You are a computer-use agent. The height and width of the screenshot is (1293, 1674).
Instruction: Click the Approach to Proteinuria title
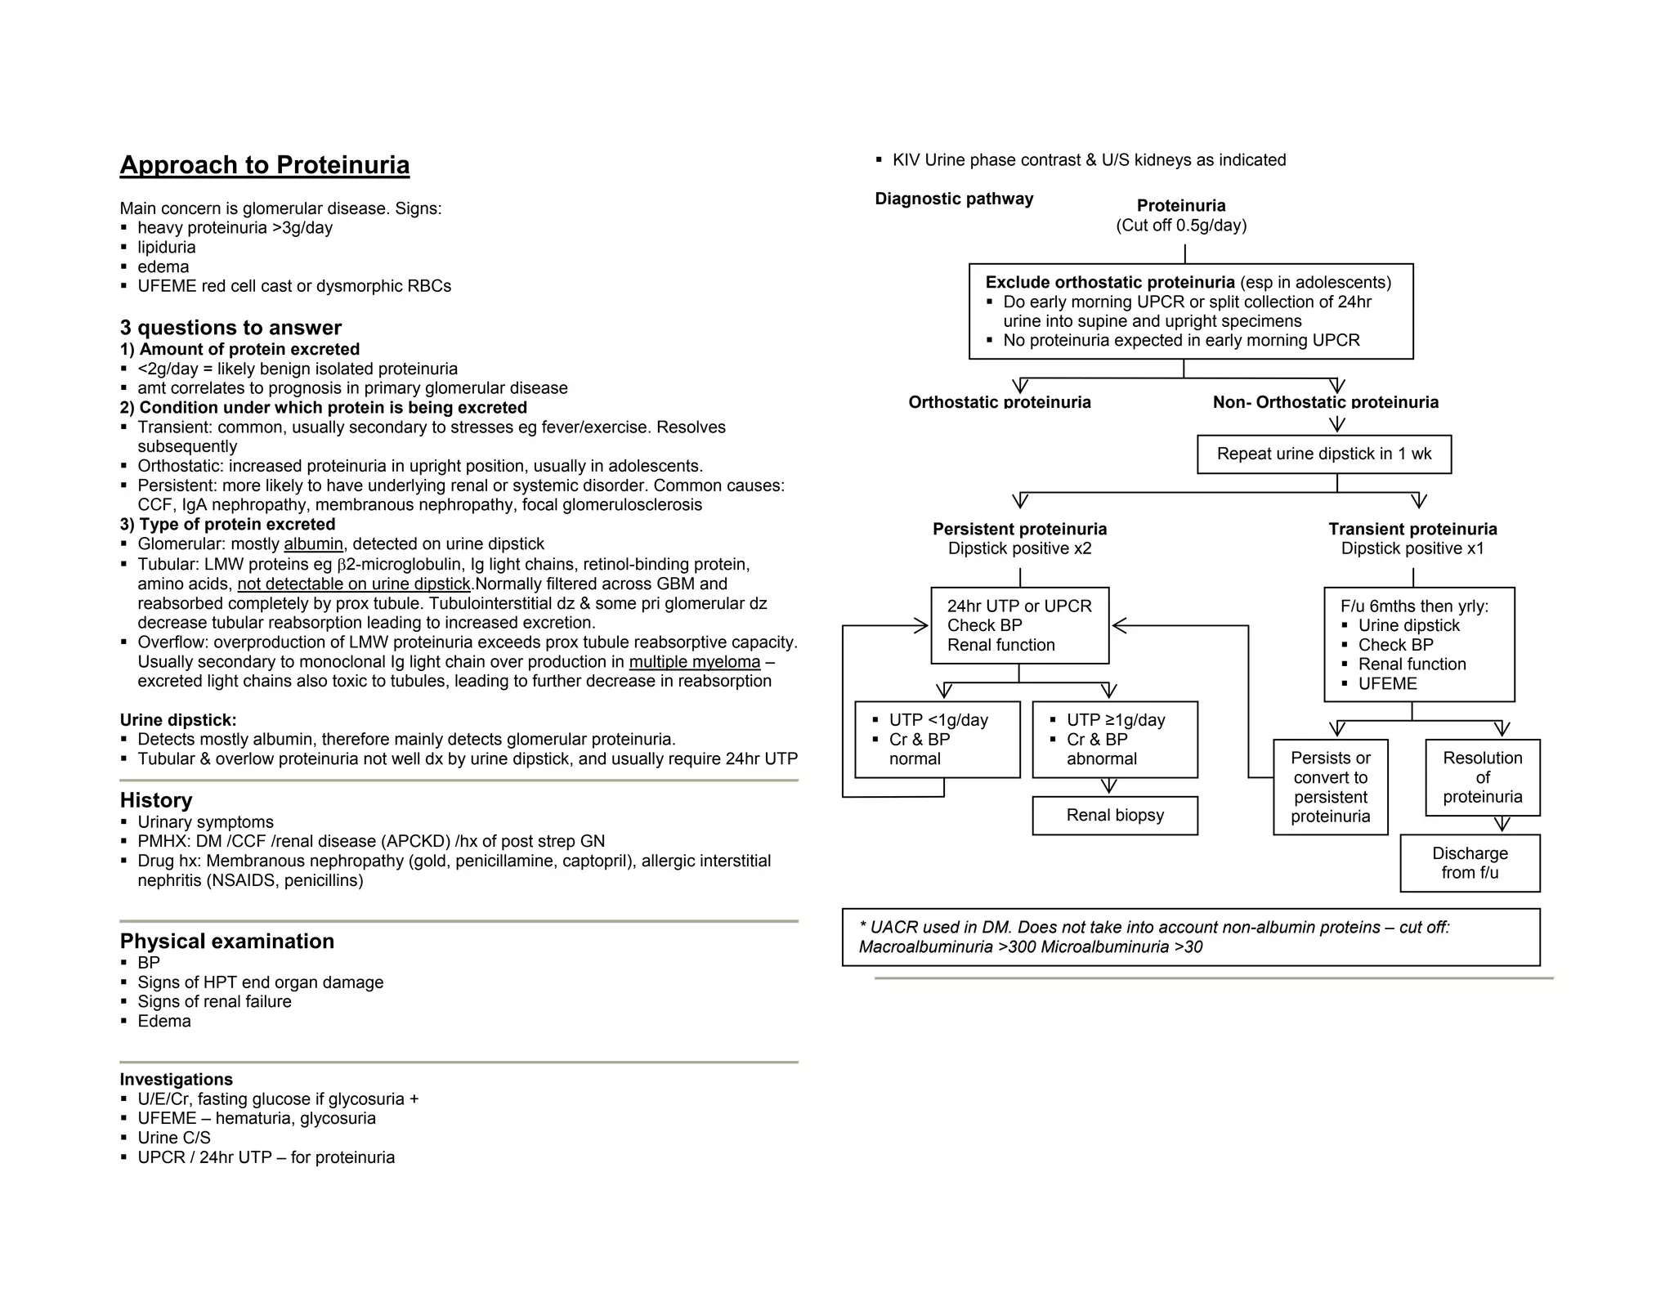point(264,165)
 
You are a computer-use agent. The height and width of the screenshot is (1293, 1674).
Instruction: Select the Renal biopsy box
point(1114,815)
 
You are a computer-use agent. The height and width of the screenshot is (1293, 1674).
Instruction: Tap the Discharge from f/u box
point(1469,862)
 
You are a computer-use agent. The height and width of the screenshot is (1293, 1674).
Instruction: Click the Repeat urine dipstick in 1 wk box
point(1323,454)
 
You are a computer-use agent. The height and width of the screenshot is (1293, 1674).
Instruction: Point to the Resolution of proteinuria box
point(1482,777)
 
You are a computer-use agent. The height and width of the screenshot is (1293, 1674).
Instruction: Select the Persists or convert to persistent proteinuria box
point(1330,787)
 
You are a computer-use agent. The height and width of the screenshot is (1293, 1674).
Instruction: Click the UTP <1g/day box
point(937,739)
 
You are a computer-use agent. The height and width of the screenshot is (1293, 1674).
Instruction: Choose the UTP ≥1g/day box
point(1114,739)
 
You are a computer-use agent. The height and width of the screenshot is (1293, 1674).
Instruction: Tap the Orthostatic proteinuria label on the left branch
point(999,402)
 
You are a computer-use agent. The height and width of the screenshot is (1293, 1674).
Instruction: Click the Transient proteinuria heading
point(1412,529)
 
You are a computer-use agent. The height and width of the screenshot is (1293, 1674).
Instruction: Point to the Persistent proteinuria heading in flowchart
point(1019,529)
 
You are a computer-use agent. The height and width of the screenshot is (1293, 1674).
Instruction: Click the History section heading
point(156,800)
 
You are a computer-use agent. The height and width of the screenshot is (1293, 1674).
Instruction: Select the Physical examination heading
point(226,941)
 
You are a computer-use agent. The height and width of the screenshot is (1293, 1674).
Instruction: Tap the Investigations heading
point(176,1079)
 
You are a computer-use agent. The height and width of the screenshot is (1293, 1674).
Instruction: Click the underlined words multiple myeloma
point(694,662)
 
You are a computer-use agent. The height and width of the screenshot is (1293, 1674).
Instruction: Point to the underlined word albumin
point(313,544)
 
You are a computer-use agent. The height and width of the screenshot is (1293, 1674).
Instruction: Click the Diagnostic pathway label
point(953,199)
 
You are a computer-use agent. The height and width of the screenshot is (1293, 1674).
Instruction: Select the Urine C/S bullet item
point(173,1138)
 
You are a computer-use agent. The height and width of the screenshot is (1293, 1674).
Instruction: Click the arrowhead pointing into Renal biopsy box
point(1108,787)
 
